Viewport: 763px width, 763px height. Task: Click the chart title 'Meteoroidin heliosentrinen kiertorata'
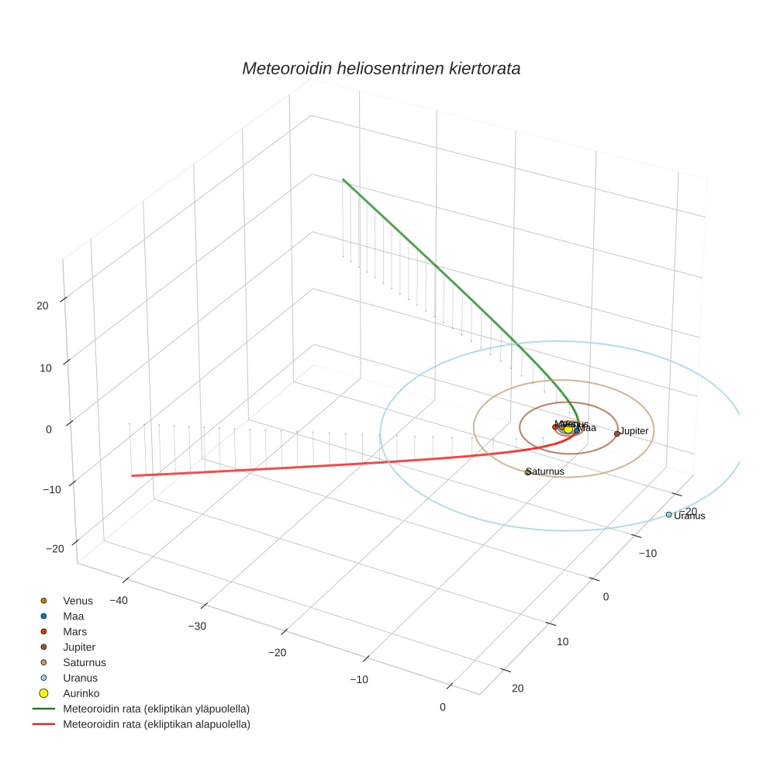click(381, 68)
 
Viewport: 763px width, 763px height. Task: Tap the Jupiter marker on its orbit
click(616, 433)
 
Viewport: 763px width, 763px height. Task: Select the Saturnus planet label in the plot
click(545, 471)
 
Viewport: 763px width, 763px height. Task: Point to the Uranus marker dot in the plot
click(668, 514)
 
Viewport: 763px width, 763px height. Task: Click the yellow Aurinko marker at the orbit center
click(568, 428)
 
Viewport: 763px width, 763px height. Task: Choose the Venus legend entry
click(78, 600)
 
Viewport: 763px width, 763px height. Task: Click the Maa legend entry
click(74, 616)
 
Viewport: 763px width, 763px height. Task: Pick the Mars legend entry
click(74, 631)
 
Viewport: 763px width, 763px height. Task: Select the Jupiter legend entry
click(79, 647)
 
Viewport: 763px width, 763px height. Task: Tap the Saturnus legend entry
click(84, 662)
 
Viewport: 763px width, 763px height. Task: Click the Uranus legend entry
click(80, 678)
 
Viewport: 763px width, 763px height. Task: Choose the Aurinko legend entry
click(81, 693)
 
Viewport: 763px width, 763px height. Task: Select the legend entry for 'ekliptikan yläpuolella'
click(155, 709)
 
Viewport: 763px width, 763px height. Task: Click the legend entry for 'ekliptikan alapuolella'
click(155, 724)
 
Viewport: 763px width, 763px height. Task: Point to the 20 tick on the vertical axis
click(42, 306)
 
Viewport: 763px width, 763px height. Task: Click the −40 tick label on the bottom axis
click(119, 600)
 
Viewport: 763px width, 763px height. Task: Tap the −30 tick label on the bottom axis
click(198, 626)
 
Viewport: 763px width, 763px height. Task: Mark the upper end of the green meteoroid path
click(344, 180)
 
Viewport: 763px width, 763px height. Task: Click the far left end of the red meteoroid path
click(133, 475)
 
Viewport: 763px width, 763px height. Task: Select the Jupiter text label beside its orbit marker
click(634, 430)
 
